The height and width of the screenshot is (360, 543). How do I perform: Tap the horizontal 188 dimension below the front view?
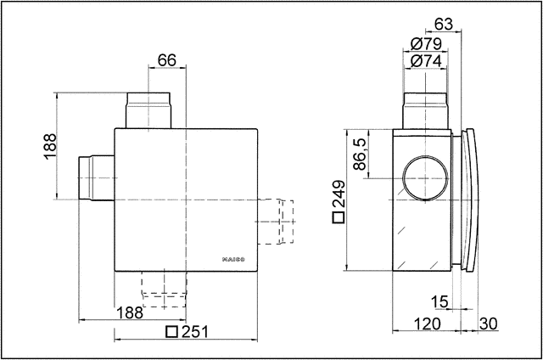coord(130,313)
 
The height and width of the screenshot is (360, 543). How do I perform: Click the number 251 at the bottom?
coord(194,332)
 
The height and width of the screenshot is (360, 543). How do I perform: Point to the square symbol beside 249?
coord(339,218)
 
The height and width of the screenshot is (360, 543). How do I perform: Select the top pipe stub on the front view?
coord(148,110)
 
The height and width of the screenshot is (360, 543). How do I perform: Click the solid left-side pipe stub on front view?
coord(95,177)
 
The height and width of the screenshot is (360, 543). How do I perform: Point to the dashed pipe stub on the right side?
coord(276,221)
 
